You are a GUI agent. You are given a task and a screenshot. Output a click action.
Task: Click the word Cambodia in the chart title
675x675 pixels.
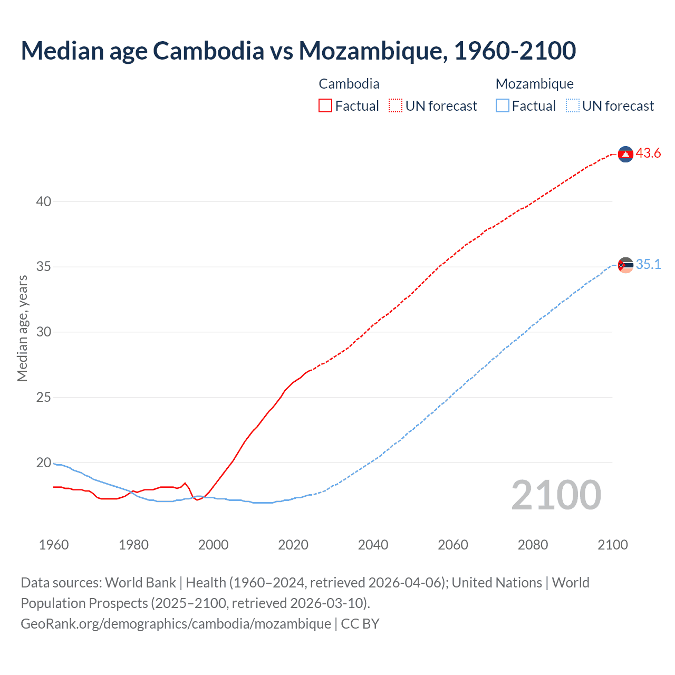208,51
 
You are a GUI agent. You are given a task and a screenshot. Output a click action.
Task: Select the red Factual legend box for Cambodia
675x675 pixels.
325,106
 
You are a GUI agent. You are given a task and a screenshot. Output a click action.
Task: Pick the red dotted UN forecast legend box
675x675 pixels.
396,106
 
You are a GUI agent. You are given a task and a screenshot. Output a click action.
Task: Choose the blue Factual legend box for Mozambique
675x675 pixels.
502,106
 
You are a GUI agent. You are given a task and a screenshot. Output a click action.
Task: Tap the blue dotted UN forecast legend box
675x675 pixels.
572,106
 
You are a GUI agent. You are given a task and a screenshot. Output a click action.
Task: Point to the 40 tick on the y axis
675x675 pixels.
44,201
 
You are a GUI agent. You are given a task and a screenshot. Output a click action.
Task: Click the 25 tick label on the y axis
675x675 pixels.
44,397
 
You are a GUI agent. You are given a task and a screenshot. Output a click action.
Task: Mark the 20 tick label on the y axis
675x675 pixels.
44,462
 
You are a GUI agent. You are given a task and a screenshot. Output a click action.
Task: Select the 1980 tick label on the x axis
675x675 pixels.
133,545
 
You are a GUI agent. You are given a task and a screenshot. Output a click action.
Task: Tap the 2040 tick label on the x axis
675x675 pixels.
373,545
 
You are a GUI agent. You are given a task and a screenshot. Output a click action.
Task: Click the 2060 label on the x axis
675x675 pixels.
453,545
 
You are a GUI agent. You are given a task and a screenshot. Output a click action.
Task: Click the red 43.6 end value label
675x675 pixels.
648,153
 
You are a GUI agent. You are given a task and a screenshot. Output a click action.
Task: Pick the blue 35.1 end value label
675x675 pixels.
648,265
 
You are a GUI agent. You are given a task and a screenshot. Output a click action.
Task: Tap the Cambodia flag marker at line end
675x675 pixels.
625,154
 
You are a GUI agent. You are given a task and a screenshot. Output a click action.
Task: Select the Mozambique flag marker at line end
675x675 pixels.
625,265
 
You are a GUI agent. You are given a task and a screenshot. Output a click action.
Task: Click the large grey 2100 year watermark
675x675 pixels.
556,495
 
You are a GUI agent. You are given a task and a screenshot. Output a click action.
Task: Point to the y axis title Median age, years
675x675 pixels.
22,328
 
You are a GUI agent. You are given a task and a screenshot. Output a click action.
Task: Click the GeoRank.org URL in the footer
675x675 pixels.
176,624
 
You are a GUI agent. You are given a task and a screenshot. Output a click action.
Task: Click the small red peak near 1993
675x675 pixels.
185,483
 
